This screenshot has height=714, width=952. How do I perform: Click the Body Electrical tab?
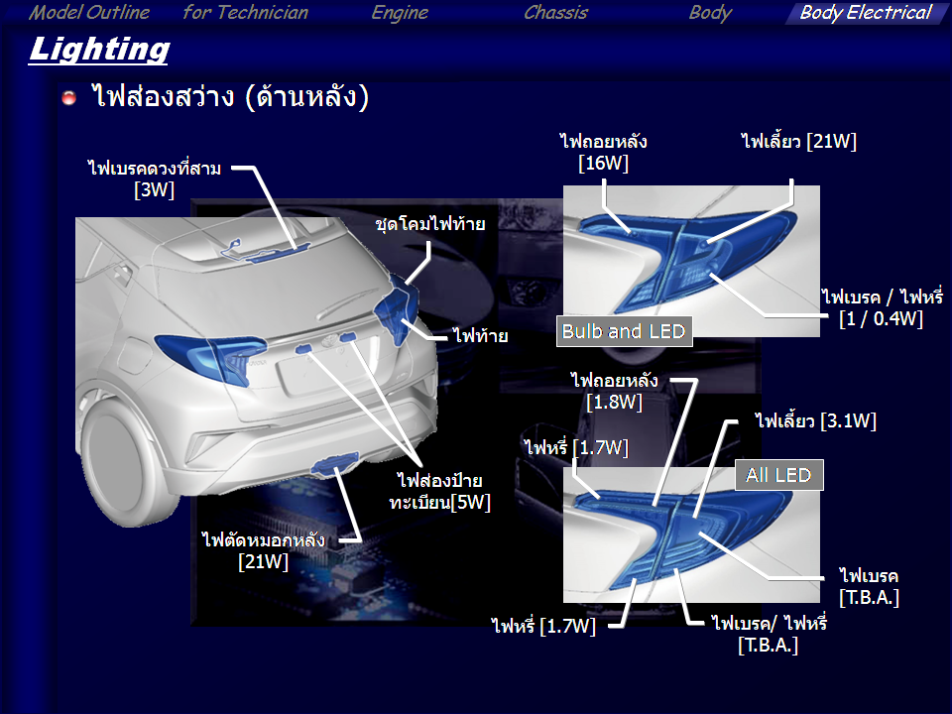[x=865, y=13]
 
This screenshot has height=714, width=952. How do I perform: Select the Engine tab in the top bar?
[x=400, y=13]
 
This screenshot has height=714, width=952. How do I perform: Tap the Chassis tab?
[x=555, y=13]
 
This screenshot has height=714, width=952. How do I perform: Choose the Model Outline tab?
[x=89, y=13]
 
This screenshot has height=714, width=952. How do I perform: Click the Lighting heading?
[x=99, y=50]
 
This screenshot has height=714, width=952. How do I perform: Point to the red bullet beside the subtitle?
[x=69, y=97]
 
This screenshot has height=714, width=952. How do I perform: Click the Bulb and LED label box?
[x=624, y=331]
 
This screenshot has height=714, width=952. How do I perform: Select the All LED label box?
[x=779, y=475]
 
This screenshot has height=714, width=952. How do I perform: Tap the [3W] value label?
[x=155, y=190]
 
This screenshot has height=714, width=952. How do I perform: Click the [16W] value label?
[x=603, y=164]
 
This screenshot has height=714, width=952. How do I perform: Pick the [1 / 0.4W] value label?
[x=881, y=318]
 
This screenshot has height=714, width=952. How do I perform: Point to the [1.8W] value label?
[x=614, y=402]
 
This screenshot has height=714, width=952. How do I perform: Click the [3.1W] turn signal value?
[x=848, y=421]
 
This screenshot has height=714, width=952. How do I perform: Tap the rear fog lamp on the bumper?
[x=334, y=463]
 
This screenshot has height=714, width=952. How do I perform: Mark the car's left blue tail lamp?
[x=210, y=358]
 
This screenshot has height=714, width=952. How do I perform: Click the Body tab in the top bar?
[x=710, y=13]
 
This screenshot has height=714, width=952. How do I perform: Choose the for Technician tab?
[x=245, y=13]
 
